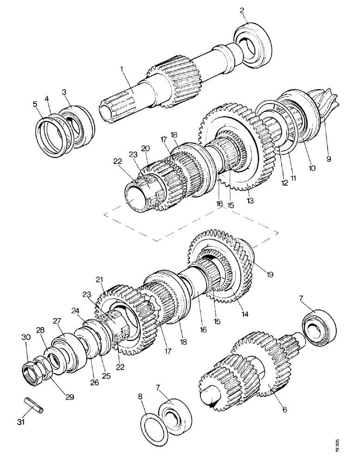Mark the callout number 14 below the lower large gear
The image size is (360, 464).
pos(244,314)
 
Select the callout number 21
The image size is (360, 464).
pos(99,278)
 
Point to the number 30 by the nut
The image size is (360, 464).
pos(26,338)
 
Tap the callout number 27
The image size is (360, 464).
pos(57,321)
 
